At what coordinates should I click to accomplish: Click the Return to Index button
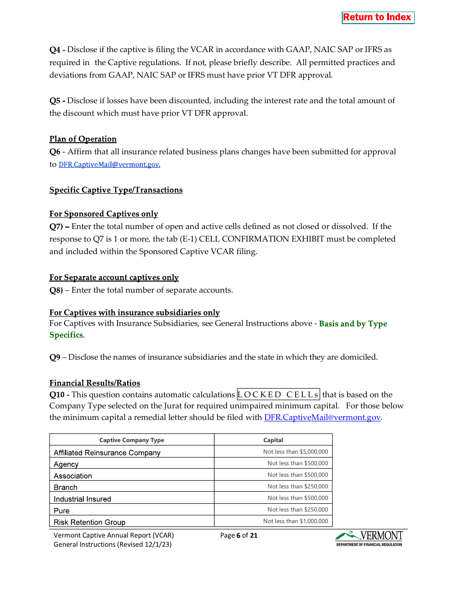click(377, 17)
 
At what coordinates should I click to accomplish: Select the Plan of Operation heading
click(83, 139)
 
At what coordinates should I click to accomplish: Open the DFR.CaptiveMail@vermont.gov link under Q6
click(109, 164)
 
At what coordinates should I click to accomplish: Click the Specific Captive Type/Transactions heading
click(116, 190)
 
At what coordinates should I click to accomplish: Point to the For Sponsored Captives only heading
click(104, 214)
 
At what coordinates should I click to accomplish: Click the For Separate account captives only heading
click(114, 278)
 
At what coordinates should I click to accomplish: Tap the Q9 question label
click(55, 357)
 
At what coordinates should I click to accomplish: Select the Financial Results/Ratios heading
click(94, 383)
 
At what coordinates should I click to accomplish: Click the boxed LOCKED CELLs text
click(278, 395)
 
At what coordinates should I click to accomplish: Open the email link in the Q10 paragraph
click(323, 418)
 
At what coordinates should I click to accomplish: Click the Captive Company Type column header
click(132, 440)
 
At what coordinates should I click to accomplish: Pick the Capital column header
click(273, 440)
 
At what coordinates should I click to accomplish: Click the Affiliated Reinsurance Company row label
click(107, 453)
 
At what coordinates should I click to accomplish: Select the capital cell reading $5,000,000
click(295, 452)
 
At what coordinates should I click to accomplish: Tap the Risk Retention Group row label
click(90, 522)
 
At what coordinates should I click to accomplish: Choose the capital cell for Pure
click(297, 510)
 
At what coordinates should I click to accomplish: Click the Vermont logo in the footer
click(369, 538)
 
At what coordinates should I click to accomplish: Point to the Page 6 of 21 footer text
click(239, 535)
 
